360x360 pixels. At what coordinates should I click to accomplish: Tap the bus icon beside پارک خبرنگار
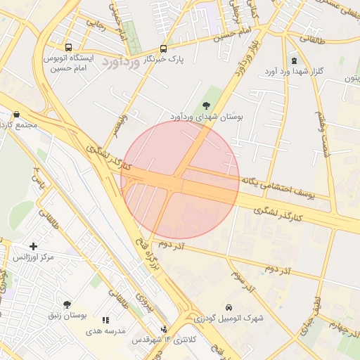coord(163,49)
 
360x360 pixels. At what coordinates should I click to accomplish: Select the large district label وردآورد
coord(122,62)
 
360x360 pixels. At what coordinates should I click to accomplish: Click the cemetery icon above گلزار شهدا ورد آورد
coord(294,60)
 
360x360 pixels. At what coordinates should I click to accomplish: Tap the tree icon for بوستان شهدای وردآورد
coord(205,104)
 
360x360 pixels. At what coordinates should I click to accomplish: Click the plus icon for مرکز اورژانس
coord(33,245)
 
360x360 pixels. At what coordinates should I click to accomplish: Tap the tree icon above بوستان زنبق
coord(67,304)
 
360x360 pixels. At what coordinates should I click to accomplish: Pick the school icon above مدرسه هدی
coord(106,319)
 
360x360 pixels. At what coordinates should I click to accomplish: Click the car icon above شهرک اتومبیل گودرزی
coord(229,307)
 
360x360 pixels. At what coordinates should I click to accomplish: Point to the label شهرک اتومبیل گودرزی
coord(229,319)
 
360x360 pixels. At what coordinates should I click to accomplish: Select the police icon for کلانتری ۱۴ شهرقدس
coord(165,328)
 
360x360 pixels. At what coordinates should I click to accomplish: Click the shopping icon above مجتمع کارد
coord(15,115)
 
